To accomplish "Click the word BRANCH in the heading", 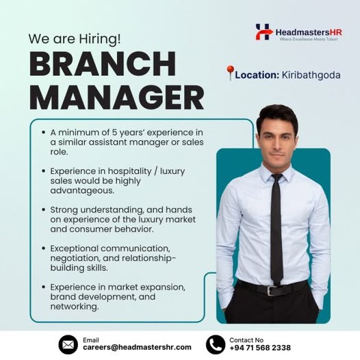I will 102,66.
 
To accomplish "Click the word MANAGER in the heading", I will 116,97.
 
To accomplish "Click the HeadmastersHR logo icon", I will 263,31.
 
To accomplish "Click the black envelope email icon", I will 68,344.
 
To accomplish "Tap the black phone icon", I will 216,344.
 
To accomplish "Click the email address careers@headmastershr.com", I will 137,348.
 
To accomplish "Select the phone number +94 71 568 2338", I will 260,348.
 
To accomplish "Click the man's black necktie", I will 276,226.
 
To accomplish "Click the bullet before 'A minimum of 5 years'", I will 42,131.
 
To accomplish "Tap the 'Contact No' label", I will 246,339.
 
